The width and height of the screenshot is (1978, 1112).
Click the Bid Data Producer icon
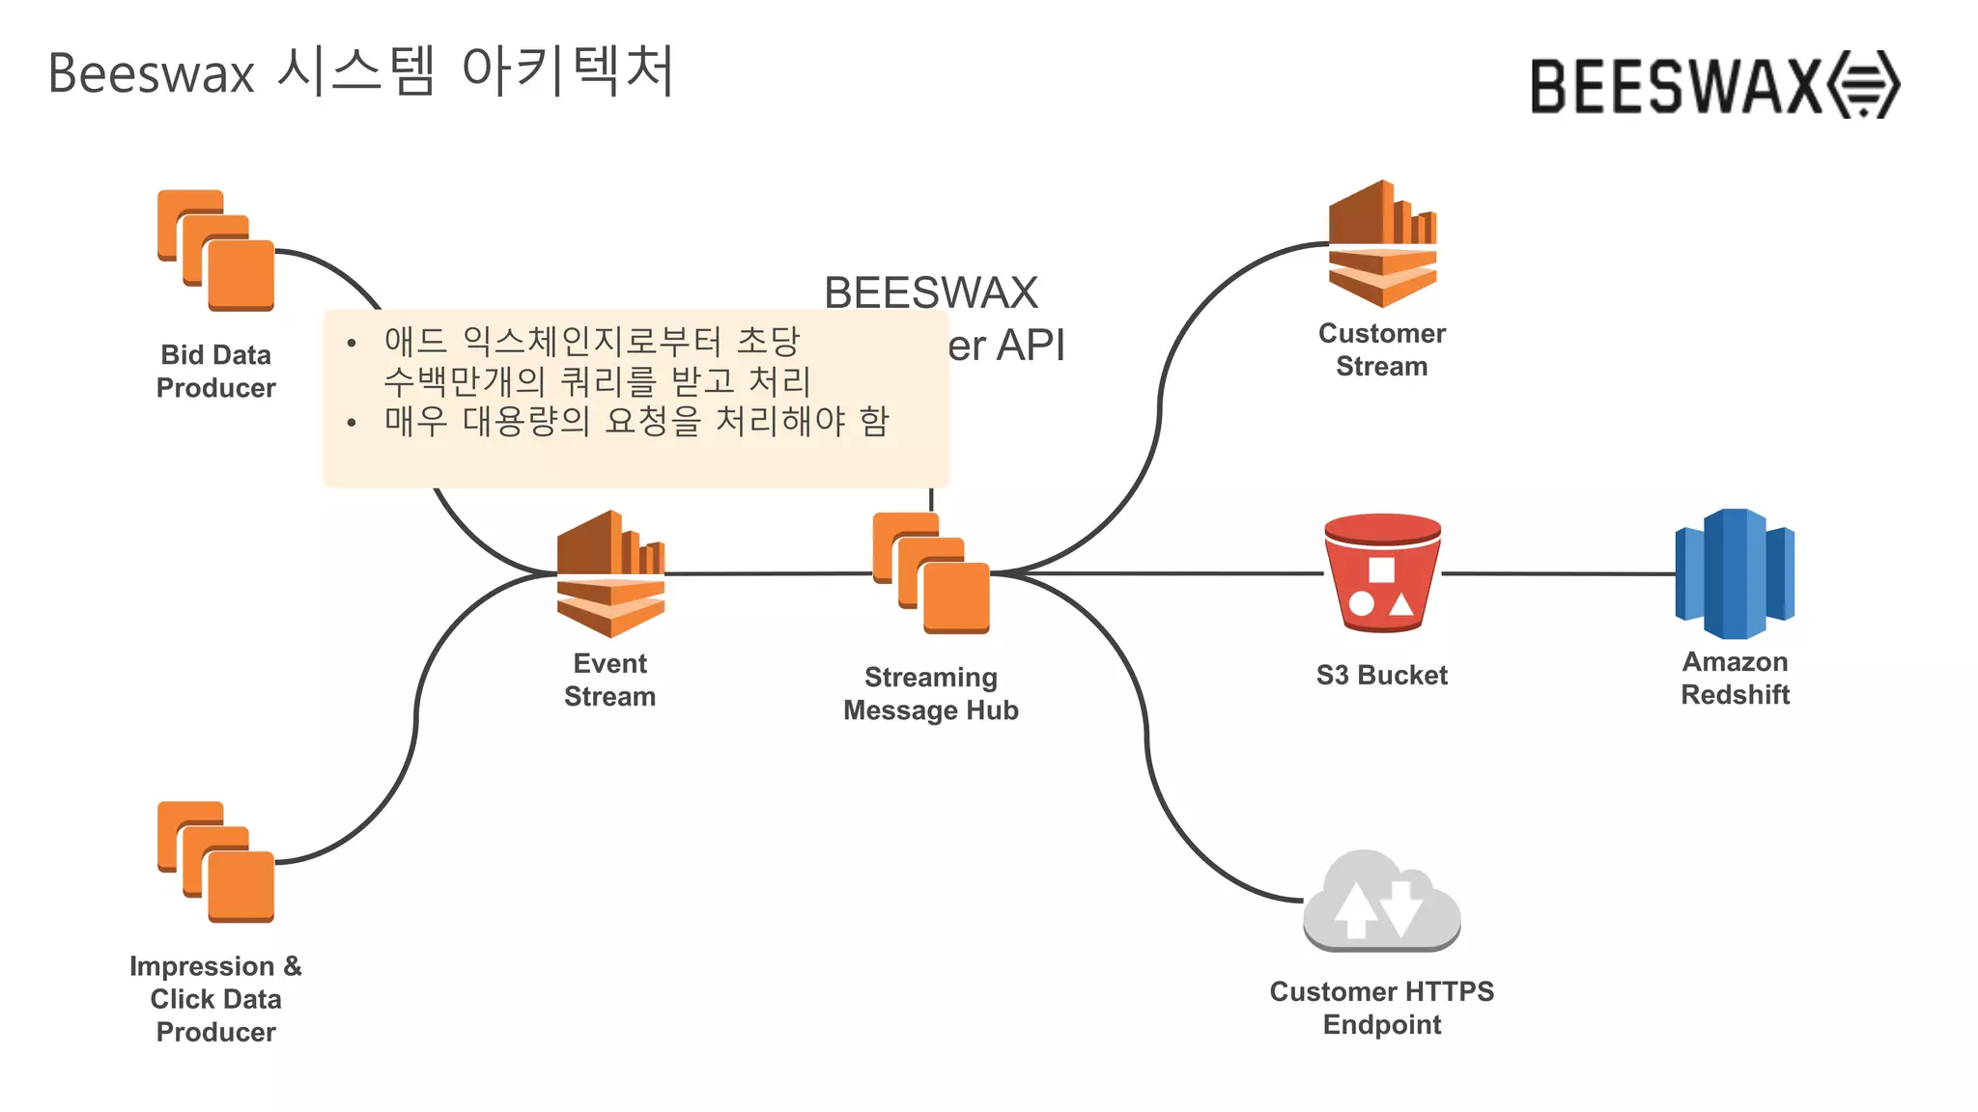(x=216, y=251)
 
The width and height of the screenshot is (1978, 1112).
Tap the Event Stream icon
(x=610, y=573)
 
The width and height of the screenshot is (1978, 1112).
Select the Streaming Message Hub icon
(x=931, y=573)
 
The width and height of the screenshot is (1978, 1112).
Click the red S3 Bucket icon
(x=1382, y=573)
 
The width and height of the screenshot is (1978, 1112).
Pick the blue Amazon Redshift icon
(x=1735, y=573)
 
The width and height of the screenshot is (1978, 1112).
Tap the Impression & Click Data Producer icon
(x=216, y=862)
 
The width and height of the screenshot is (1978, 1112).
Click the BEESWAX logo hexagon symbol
(x=1865, y=85)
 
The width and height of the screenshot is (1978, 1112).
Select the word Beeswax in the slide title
(x=151, y=73)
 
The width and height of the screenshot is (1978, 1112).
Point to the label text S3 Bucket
(x=1382, y=675)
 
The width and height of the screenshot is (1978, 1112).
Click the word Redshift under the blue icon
(x=1735, y=694)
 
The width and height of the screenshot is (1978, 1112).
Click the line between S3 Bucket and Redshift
(x=1557, y=573)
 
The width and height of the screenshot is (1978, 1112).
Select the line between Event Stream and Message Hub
(x=769, y=573)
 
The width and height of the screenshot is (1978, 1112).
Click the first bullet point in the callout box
(x=352, y=343)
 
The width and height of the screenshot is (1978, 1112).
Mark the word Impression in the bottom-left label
(x=202, y=966)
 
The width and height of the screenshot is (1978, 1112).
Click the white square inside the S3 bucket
(x=1382, y=570)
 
